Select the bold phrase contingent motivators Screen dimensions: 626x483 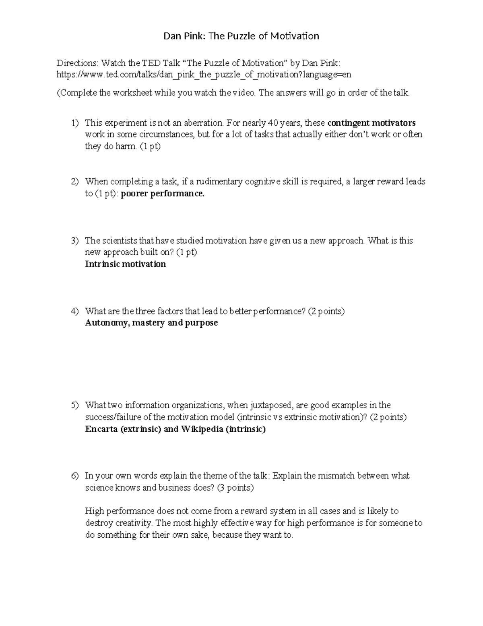[372, 123]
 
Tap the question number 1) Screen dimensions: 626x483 [75, 123]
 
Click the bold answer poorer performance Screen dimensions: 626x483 [163, 194]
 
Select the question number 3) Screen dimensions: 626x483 [75, 241]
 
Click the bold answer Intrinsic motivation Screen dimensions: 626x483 [125, 264]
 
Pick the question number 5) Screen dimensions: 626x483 [75, 405]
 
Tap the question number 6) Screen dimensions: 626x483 [75, 476]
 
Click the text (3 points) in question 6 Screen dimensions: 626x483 [235, 488]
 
